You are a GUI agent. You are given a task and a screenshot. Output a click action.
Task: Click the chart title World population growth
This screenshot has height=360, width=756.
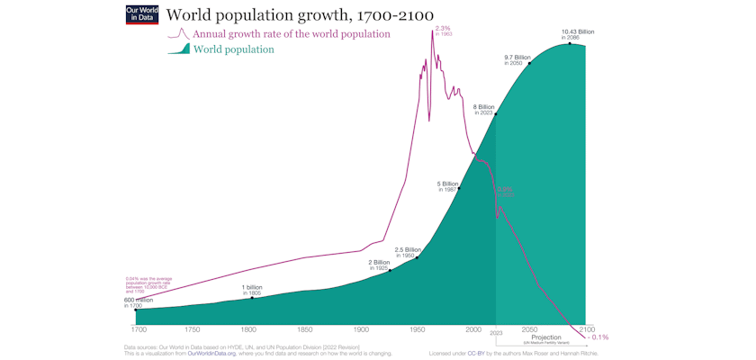(x=300, y=15)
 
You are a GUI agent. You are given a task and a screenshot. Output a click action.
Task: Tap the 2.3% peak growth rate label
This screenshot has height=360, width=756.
(x=443, y=31)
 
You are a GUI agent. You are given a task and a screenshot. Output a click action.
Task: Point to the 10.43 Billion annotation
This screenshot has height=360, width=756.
(x=578, y=34)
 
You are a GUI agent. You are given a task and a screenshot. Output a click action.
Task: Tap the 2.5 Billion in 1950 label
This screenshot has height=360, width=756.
(x=408, y=251)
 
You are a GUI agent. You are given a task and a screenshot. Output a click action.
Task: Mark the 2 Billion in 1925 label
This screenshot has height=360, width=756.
(x=380, y=265)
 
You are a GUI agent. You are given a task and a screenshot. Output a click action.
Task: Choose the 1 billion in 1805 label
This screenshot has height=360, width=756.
(x=251, y=289)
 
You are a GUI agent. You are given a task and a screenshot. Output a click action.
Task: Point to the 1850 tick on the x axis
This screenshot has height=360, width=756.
(x=305, y=330)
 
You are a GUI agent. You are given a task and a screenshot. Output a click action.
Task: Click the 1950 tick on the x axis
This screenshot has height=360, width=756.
(x=418, y=330)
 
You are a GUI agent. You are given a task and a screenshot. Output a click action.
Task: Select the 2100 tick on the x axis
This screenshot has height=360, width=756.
(x=586, y=330)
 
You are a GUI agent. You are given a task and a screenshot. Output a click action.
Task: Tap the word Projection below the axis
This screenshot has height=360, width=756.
(x=546, y=337)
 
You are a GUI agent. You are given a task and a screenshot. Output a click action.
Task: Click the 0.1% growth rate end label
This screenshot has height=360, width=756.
(x=599, y=337)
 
